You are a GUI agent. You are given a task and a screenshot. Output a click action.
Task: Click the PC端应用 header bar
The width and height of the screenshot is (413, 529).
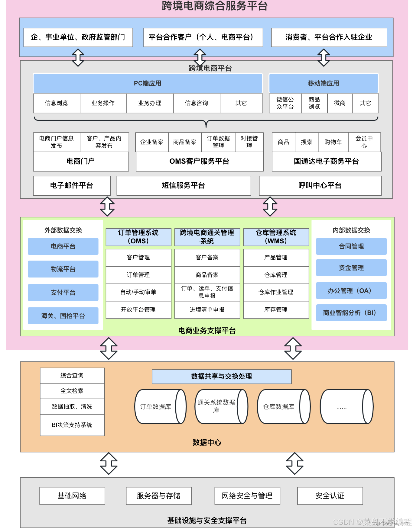tap(148, 83)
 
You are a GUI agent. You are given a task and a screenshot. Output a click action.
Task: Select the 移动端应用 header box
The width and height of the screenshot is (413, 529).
tap(324, 83)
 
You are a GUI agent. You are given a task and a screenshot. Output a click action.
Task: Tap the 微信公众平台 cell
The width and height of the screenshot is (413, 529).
tap(285, 103)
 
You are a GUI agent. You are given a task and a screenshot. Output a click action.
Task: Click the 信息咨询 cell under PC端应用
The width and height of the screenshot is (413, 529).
tap(197, 103)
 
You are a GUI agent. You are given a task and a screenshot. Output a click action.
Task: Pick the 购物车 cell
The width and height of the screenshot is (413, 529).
tap(333, 142)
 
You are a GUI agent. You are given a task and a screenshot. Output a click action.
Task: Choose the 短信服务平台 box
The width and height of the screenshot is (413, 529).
tap(184, 185)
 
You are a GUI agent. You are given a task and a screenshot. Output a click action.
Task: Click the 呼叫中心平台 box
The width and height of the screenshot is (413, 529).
tap(320, 185)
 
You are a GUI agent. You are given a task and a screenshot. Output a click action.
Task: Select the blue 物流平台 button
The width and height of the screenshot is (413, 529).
tap(63, 269)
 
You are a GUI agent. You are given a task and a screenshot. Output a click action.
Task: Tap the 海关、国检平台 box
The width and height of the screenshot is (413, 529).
tap(63, 316)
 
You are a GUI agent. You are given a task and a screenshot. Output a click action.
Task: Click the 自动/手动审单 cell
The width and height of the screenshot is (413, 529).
tap(138, 292)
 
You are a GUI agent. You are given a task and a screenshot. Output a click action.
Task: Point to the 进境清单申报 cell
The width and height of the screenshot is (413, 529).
tap(207, 310)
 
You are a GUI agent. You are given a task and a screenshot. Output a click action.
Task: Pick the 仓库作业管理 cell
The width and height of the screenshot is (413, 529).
tap(276, 292)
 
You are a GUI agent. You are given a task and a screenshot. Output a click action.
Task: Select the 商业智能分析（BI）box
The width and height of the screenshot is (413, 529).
tap(351, 313)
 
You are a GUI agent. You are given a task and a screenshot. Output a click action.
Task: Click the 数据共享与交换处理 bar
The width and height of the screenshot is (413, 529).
tap(222, 377)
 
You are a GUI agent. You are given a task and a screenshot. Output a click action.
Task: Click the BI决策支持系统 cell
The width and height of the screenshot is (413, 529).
tap(72, 425)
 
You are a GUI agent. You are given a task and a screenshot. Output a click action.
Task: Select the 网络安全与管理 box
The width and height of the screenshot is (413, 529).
tap(247, 496)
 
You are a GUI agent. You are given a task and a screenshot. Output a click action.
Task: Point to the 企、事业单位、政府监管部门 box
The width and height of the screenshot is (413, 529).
tap(78, 37)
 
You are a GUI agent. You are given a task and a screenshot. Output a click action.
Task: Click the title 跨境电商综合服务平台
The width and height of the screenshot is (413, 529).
tap(215, 6)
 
